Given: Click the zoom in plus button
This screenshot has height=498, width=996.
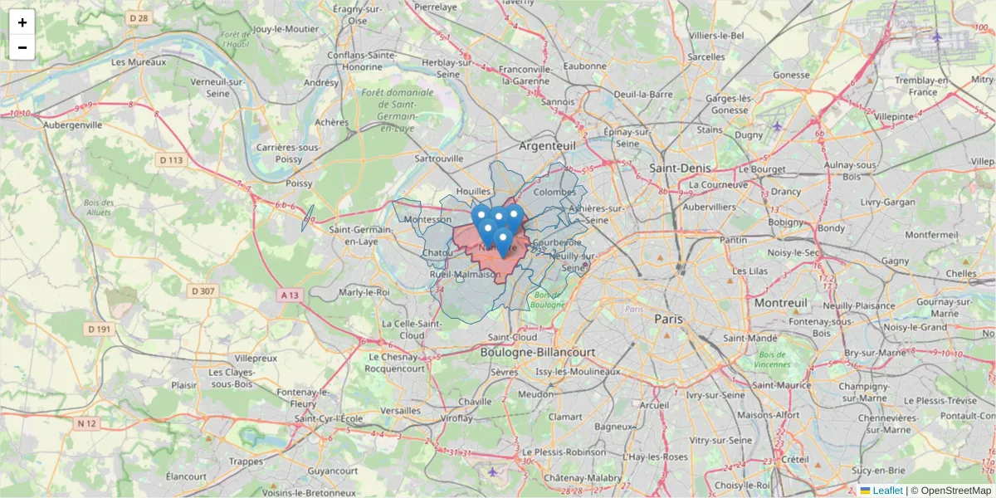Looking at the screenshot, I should pyautogui.click(x=22, y=22).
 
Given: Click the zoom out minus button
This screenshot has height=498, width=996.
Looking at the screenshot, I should pyautogui.click(x=22, y=47).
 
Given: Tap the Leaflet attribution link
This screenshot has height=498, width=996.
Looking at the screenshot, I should pyautogui.click(x=887, y=491).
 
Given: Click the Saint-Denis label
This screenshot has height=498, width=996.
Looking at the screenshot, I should pyautogui.click(x=680, y=168).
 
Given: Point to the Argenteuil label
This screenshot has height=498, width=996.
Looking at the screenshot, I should pyautogui.click(x=547, y=145).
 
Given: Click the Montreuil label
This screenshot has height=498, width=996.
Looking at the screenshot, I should pyautogui.click(x=781, y=304).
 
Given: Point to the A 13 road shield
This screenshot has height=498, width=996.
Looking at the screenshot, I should pyautogui.click(x=289, y=295).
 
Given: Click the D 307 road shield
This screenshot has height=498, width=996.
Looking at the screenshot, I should pyautogui.click(x=203, y=290).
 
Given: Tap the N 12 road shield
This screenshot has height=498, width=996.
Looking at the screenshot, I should pyautogui.click(x=87, y=423).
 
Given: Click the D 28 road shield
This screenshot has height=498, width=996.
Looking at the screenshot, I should pyautogui.click(x=139, y=18).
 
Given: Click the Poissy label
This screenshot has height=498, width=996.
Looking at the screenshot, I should pyautogui.click(x=299, y=183).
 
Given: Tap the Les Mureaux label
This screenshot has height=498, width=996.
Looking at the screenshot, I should pyautogui.click(x=139, y=61).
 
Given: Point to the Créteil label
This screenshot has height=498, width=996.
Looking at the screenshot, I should pyautogui.click(x=794, y=459).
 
